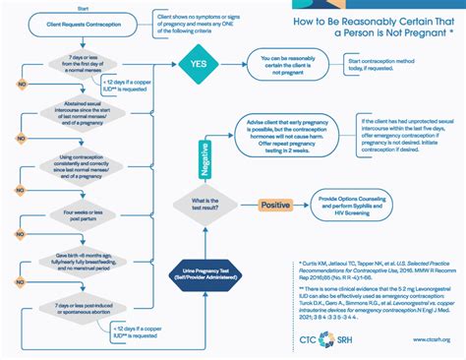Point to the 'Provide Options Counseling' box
pos(357,205)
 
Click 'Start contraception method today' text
pos(402,65)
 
